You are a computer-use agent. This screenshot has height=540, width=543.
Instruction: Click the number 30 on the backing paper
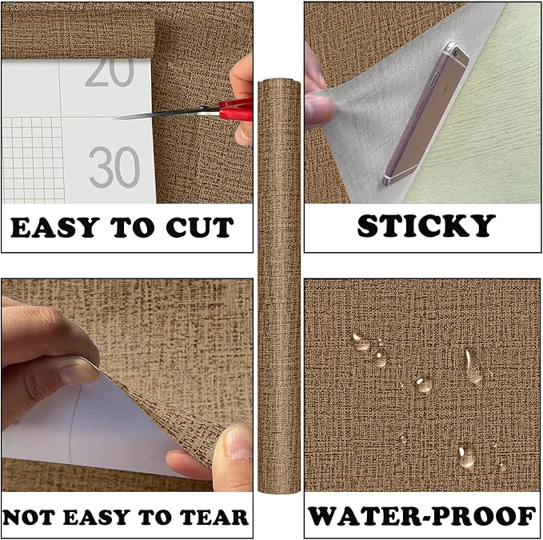(114, 167)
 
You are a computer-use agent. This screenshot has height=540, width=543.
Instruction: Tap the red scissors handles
(235, 109)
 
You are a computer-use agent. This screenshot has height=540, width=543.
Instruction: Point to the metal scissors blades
(166, 114)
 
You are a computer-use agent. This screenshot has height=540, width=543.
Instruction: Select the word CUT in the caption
(200, 227)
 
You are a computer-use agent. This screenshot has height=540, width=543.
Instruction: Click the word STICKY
(426, 226)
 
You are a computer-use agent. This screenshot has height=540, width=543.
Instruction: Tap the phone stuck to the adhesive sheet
(427, 114)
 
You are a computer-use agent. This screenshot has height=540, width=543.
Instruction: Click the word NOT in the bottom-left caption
(29, 517)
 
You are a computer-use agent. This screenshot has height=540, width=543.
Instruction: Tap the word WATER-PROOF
(422, 517)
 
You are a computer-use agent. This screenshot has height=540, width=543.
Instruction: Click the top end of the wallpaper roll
(279, 82)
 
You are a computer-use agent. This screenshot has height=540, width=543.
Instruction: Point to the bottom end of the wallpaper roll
(279, 489)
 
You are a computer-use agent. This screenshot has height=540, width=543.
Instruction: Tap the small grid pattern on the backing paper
(33, 160)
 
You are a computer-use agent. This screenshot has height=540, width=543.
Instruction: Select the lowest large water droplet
(465, 455)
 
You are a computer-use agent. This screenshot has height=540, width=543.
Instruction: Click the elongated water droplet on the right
(472, 366)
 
